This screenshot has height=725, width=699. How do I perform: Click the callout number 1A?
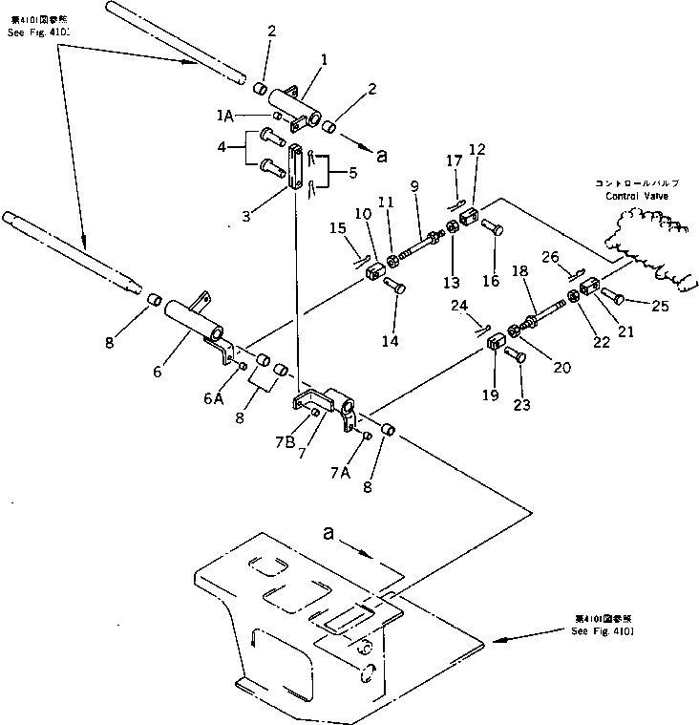coord(224,116)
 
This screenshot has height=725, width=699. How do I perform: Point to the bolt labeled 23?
coord(517,356)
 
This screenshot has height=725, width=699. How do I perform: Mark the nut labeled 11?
coord(392,259)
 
